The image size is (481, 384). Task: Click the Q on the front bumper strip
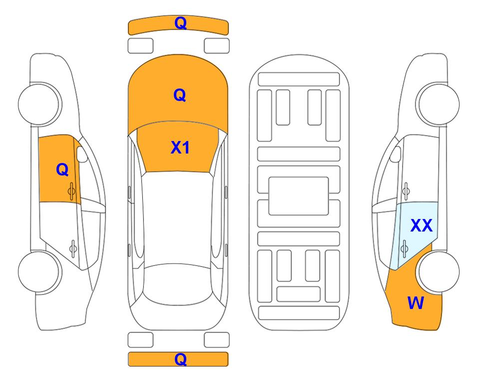[180, 23]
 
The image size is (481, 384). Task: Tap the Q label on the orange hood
[180, 95]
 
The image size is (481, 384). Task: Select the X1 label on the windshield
[180, 147]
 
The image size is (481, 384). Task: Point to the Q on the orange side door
[62, 169]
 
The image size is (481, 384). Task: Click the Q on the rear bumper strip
[180, 359]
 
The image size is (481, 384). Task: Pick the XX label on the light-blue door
[422, 225]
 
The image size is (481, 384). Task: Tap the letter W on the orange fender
[416, 303]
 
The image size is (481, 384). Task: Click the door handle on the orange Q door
[71, 191]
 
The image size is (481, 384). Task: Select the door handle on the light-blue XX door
[404, 248]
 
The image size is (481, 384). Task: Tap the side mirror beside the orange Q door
[82, 154]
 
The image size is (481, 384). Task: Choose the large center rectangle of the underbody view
[299, 196]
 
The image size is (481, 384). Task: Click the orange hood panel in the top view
[178, 92]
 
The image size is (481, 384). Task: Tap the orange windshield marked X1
[178, 147]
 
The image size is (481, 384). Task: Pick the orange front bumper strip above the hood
[178, 25]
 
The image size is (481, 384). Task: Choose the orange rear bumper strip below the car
[178, 359]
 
